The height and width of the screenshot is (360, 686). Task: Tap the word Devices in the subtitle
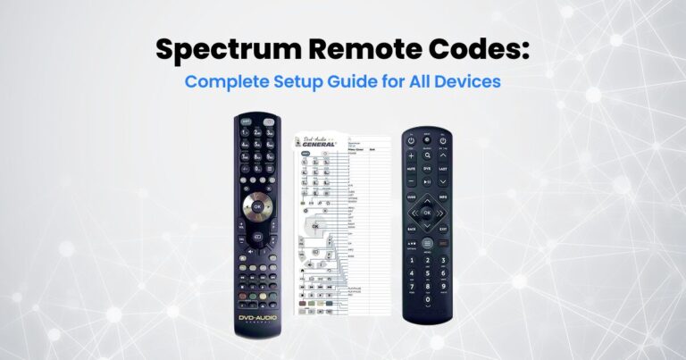click(x=468, y=81)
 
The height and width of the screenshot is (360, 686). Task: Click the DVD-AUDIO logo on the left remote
click(x=257, y=318)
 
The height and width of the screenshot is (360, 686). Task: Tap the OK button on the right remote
click(x=427, y=213)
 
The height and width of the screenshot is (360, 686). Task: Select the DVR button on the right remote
click(x=427, y=168)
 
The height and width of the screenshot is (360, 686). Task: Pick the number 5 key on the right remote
click(x=427, y=273)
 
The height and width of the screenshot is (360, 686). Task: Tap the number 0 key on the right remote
click(x=427, y=306)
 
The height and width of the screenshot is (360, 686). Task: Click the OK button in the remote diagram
click(x=314, y=225)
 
